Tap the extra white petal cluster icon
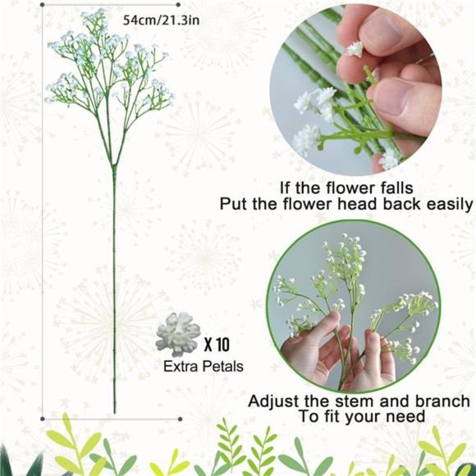(x=177, y=333)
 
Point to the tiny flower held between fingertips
(x=355, y=49)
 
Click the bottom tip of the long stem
(x=114, y=410)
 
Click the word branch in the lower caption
(x=437, y=401)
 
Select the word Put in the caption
(x=234, y=205)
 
